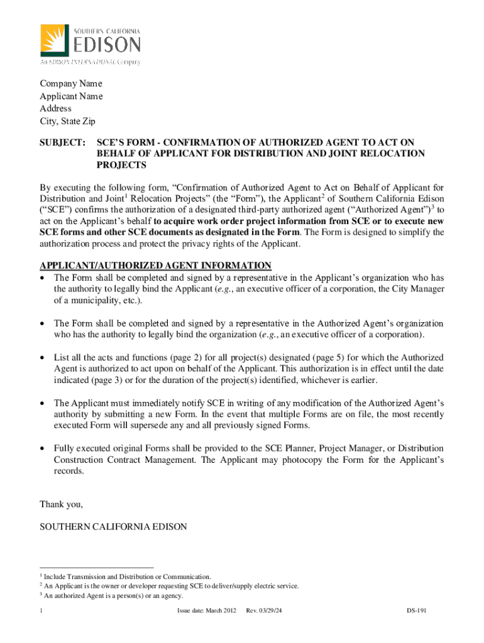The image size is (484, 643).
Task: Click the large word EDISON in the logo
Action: coord(107,45)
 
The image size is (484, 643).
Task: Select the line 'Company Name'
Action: coord(71,84)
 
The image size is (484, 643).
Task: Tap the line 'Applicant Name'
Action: coord(72,96)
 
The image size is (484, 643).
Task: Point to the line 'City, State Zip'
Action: coord(68,121)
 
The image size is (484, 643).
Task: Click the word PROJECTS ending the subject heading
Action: coord(121,165)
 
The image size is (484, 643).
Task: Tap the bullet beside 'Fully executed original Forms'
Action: coord(42,449)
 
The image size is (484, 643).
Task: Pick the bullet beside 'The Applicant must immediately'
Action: coord(42,403)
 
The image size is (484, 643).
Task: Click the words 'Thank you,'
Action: coord(62,504)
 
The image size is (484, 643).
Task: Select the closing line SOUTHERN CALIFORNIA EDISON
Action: coord(113,527)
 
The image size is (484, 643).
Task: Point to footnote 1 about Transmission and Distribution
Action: coord(126,576)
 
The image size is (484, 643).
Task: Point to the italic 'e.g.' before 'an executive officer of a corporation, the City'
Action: coord(224,289)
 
